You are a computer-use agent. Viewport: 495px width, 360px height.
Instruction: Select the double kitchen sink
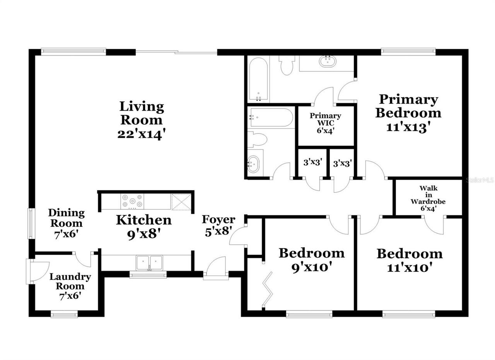click(149, 262)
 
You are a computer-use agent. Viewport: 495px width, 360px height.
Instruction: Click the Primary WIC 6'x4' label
click(325, 123)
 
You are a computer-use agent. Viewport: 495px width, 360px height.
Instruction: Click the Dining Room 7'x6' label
click(67, 223)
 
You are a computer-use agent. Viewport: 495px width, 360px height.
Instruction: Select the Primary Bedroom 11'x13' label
click(408, 113)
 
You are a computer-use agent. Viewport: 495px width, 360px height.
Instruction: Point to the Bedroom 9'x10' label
click(312, 259)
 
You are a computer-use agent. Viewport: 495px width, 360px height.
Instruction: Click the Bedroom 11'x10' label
click(410, 260)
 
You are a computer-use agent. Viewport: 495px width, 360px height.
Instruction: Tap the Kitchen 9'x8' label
click(144, 226)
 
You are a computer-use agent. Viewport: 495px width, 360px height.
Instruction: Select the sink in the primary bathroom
click(328, 61)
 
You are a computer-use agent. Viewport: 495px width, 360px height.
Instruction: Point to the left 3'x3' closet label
click(312, 163)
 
